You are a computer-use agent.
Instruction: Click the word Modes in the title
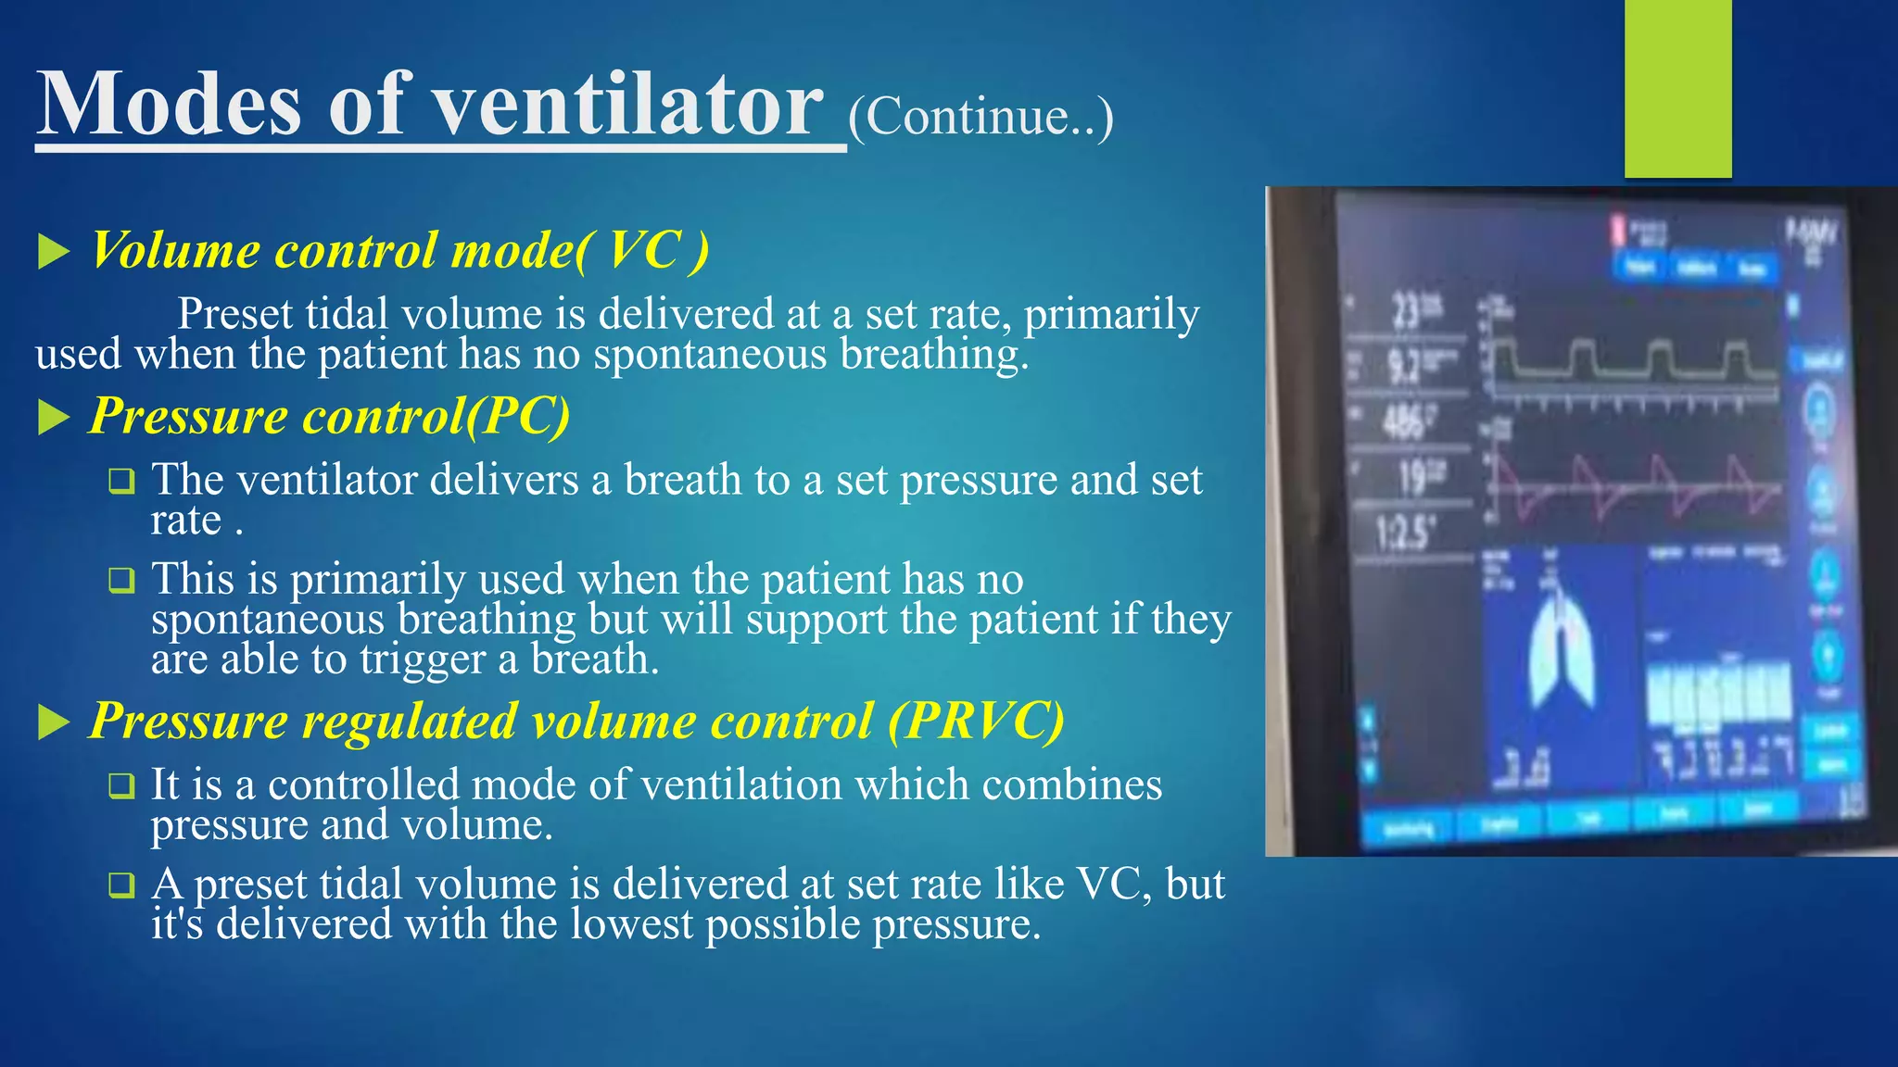pyautogui.click(x=170, y=105)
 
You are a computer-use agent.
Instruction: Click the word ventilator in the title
pyautogui.click(x=628, y=105)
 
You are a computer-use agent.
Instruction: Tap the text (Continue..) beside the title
pyautogui.click(x=981, y=118)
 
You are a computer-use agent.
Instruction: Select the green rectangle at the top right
pyautogui.click(x=1677, y=89)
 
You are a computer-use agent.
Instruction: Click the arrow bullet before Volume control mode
pyautogui.click(x=54, y=252)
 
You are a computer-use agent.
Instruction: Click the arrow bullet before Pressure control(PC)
pyautogui.click(x=54, y=418)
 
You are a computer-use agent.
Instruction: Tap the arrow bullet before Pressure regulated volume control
pyautogui.click(x=54, y=722)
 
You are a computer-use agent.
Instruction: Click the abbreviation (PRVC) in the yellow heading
pyautogui.click(x=975, y=721)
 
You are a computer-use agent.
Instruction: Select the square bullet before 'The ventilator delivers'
pyautogui.click(x=121, y=482)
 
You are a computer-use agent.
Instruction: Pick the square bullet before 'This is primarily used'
pyautogui.click(x=121, y=581)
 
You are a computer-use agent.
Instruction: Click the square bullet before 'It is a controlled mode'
pyautogui.click(x=121, y=786)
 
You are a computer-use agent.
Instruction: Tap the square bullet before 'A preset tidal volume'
pyautogui.click(x=121, y=885)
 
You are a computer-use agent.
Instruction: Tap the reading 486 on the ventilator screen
pyautogui.click(x=1404, y=422)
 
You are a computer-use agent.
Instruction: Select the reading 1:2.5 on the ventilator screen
pyautogui.click(x=1404, y=533)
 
